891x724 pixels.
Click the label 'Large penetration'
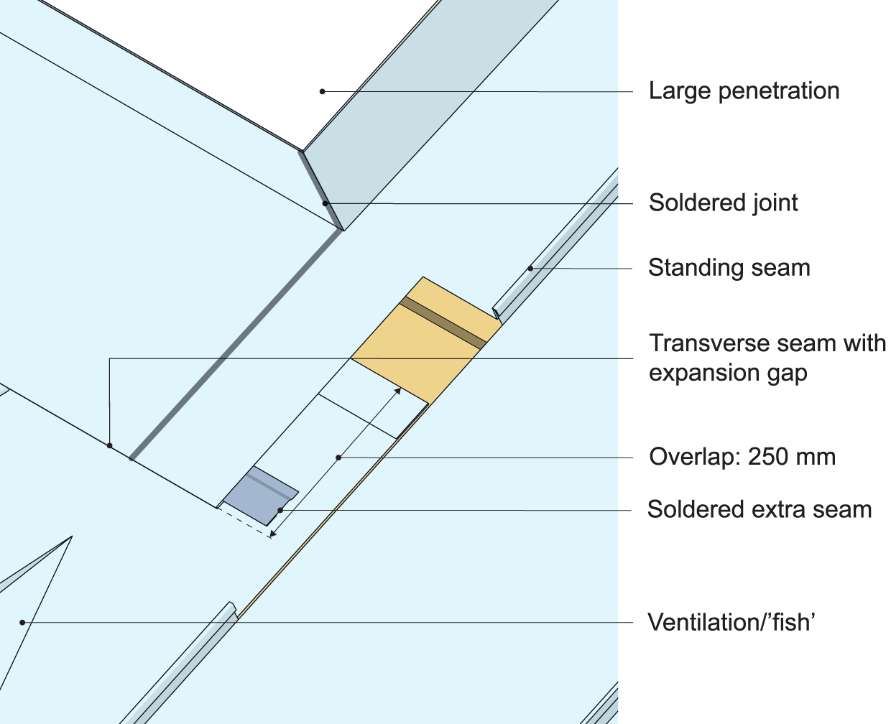(744, 91)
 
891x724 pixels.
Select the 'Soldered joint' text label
(723, 203)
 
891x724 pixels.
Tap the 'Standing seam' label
(729, 268)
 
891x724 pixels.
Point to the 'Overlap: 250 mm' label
(742, 457)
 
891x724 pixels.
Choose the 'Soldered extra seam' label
(759, 510)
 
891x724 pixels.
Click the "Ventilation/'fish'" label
(731, 622)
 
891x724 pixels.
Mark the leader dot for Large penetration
(323, 91)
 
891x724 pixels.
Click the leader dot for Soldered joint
(326, 203)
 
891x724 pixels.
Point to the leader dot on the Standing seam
(531, 269)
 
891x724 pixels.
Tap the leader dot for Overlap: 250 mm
(338, 457)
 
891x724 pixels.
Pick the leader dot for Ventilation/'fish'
(22, 622)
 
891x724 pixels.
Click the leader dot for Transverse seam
(109, 446)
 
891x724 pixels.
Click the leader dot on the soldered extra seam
(280, 510)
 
